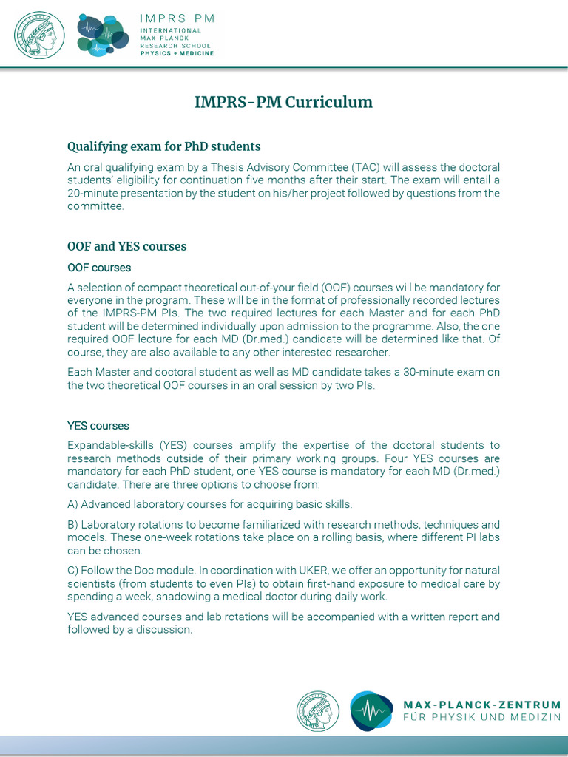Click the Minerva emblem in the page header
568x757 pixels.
pos(39,35)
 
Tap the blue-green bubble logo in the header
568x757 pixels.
pos(103,35)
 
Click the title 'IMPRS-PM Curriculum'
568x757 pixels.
pos(283,102)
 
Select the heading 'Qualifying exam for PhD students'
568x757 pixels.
pos(163,146)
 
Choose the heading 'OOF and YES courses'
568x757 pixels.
pos(126,246)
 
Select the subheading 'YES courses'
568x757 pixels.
pos(98,426)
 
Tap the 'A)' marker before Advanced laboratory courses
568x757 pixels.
pos(72,504)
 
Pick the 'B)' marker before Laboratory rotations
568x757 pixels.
pos(72,525)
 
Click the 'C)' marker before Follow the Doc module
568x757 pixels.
pos(72,571)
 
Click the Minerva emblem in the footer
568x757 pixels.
pos(318,711)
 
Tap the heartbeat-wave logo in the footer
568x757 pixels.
pos(371,711)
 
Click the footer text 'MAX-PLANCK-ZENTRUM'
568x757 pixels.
pos(481,705)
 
